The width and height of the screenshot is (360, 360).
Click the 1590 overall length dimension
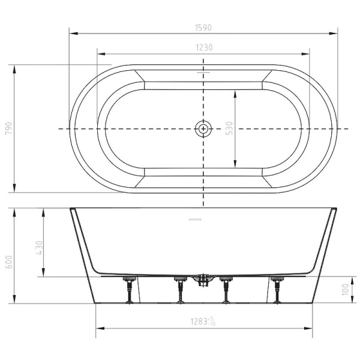(203, 28)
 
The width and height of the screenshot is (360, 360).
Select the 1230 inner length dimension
(205, 47)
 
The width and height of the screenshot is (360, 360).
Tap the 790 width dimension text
(8, 128)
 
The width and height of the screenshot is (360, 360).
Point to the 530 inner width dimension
(229, 128)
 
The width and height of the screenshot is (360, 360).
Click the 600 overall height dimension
(9, 262)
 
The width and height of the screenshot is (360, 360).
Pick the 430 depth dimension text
(39, 248)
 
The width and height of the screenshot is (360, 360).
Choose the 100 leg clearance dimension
(345, 290)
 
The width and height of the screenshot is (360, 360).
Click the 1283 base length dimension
(203, 322)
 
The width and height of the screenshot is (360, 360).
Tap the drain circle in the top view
(203, 128)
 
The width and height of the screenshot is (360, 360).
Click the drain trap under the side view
(203, 280)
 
